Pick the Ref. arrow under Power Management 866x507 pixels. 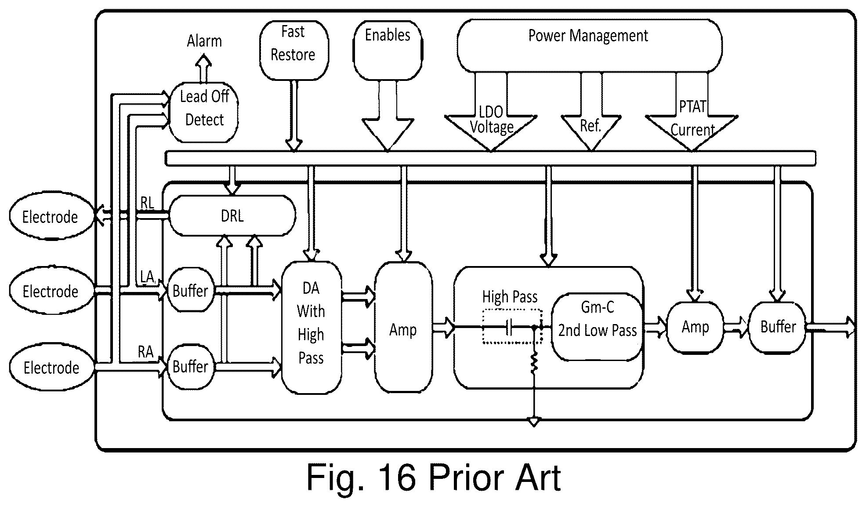point(591,123)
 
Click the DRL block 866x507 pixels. point(232,216)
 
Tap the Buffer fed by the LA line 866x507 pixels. point(190,291)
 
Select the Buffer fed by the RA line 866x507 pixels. point(190,366)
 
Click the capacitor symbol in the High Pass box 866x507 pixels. point(509,328)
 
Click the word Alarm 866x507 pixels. point(204,41)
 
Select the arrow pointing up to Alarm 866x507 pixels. point(203,68)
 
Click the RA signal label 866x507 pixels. point(146,352)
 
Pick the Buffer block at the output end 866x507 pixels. point(778,327)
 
